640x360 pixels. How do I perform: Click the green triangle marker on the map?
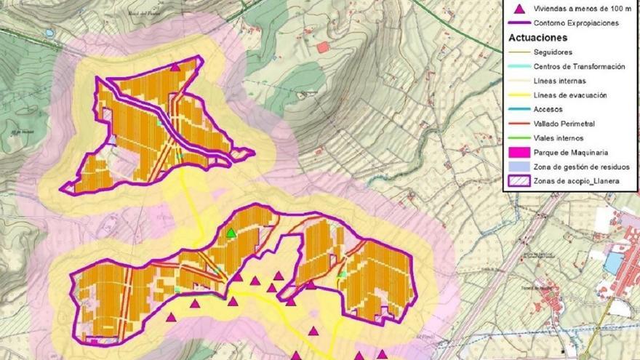pyautogui.click(x=231, y=233)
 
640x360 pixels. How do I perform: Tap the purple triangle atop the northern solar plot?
pyautogui.click(x=175, y=67)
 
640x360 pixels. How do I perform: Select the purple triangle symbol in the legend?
pyautogui.click(x=519, y=9)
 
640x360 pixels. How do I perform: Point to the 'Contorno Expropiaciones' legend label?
pyautogui.click(x=575, y=23)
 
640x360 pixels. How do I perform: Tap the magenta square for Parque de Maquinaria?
pyautogui.click(x=519, y=152)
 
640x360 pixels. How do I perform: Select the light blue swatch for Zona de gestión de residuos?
pyautogui.click(x=519, y=167)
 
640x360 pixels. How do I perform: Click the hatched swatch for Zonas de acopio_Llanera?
pyautogui.click(x=519, y=180)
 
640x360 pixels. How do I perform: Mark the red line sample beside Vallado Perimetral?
pyautogui.click(x=519, y=124)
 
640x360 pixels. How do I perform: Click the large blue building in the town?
pyautogui.click(x=615, y=262)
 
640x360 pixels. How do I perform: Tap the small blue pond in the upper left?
pyautogui.click(x=49, y=33)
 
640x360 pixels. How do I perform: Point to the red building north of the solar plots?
pyautogui.click(x=323, y=47)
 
